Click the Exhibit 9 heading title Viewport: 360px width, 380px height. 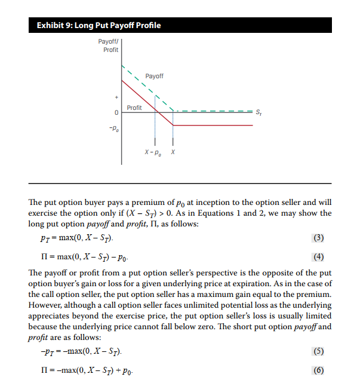tap(99, 25)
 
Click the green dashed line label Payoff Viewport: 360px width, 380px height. tap(154, 76)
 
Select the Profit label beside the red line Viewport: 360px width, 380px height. tap(134, 108)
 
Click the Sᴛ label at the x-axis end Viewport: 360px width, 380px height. tap(257, 112)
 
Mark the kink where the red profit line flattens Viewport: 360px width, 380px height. tap(173, 125)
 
